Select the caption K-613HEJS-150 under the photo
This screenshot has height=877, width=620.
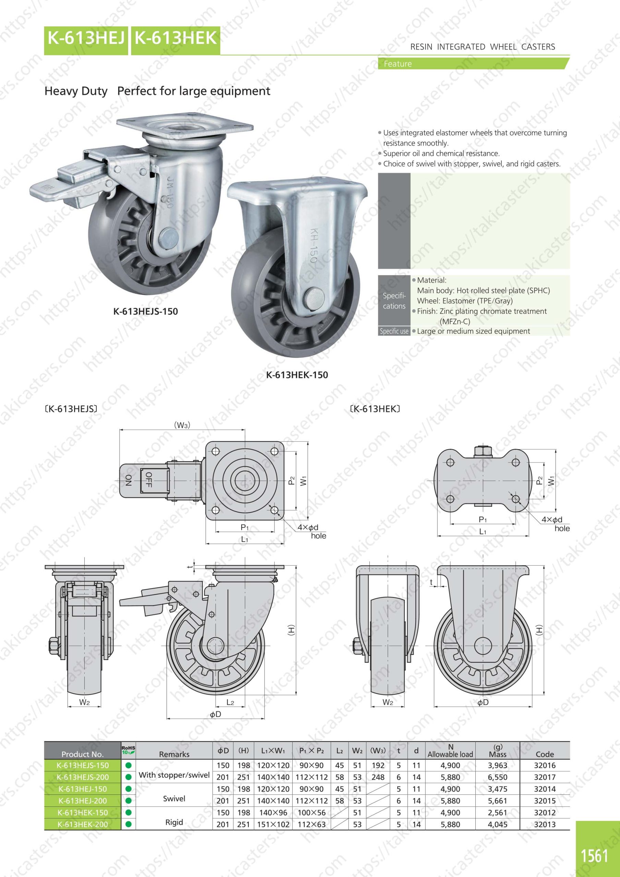(146, 311)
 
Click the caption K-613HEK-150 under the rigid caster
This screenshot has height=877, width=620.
(297, 375)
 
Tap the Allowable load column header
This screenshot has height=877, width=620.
(450, 751)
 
